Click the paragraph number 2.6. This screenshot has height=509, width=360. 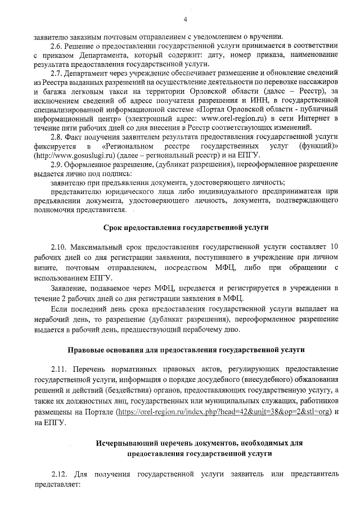(57, 45)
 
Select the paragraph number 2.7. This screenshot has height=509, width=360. (57, 73)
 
